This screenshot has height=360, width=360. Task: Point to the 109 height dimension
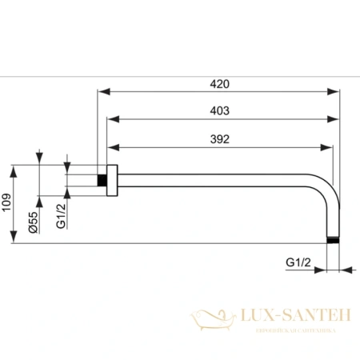click(6, 206)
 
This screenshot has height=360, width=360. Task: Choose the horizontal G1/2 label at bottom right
click(298, 262)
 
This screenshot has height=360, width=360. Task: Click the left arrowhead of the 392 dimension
click(113, 147)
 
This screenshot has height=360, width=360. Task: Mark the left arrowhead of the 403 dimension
click(113, 120)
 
